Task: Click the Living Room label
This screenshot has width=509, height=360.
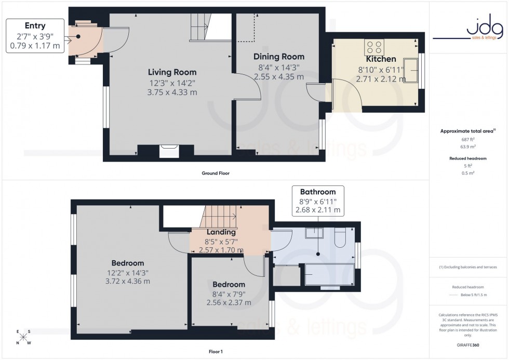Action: tap(172, 72)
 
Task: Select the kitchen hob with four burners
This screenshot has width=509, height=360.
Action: tap(374, 48)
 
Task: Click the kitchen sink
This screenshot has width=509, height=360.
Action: tap(413, 67)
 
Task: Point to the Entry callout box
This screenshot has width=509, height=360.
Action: tap(35, 36)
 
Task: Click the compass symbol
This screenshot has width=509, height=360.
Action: tap(23, 337)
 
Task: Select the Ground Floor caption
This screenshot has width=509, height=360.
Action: tap(216, 173)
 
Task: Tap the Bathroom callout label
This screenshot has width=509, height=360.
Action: tap(318, 192)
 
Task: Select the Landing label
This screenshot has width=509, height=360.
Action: tap(221, 232)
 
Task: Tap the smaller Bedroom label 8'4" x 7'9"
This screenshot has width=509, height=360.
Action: tap(229, 294)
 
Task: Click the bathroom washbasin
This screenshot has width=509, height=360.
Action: tap(314, 233)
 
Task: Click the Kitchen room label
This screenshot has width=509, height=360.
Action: tap(381, 59)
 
